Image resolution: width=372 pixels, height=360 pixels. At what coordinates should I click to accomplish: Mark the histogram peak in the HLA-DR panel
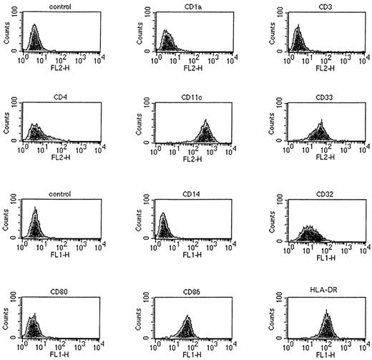point(326,313)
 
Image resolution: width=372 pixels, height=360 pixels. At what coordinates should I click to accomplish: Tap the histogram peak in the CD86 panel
point(187,317)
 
